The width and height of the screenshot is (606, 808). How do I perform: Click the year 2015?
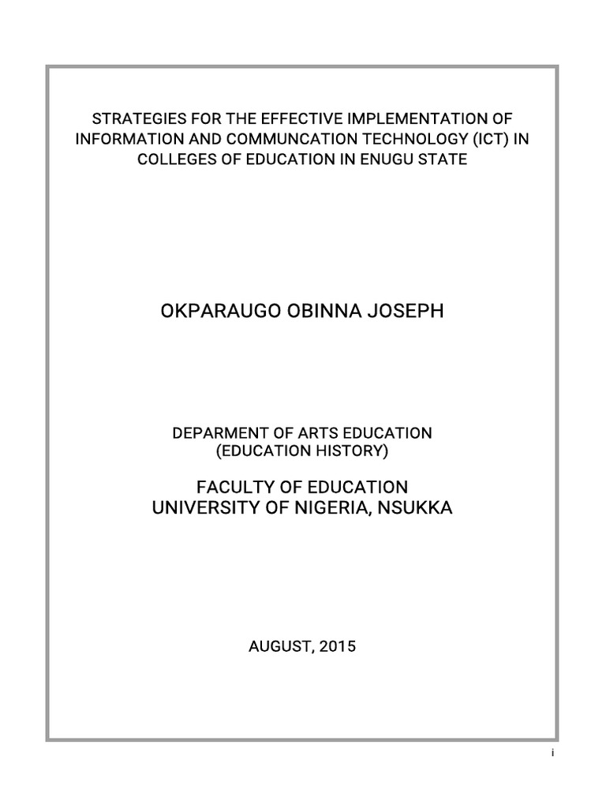(x=338, y=646)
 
